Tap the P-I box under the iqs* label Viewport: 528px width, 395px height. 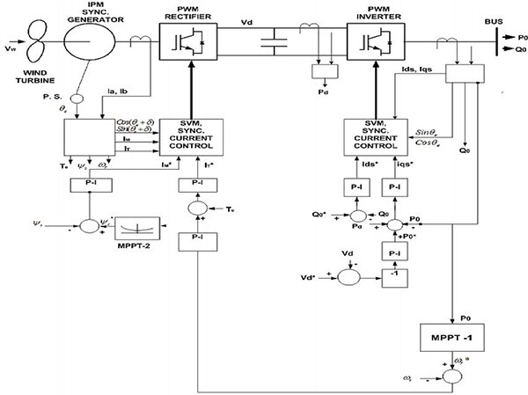click(x=394, y=187)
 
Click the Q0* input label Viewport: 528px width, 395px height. click(x=320, y=213)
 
